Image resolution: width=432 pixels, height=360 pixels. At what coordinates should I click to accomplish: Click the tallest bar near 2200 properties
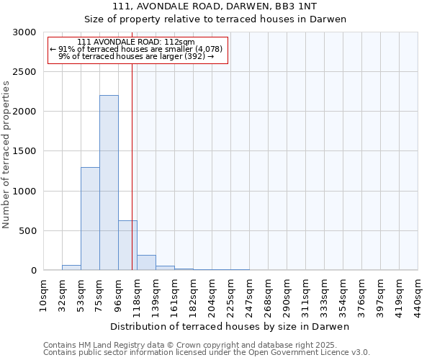pyautogui.click(x=109, y=183)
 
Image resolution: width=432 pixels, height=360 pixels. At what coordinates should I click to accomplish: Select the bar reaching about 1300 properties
pyautogui.click(x=90, y=219)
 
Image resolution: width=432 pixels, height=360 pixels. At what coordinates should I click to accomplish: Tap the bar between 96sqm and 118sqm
pyautogui.click(x=127, y=246)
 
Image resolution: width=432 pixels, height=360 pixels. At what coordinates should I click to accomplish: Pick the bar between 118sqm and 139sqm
pyautogui.click(x=146, y=263)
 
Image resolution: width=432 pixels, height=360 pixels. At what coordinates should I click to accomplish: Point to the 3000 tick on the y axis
pyautogui.click(x=24, y=32)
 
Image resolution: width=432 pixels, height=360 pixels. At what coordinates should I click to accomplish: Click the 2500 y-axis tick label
pyautogui.click(x=24, y=72)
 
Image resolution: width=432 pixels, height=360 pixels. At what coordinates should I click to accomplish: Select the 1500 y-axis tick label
pyautogui.click(x=24, y=151)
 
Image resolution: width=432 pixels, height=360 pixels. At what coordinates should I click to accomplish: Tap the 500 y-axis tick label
pyautogui.click(x=27, y=231)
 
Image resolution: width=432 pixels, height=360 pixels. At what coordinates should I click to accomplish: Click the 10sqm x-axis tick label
pyautogui.click(x=43, y=294)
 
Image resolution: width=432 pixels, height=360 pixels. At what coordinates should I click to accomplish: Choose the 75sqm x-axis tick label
pyautogui.click(x=99, y=294)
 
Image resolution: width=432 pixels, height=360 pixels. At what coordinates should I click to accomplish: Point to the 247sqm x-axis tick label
pyautogui.click(x=249, y=294)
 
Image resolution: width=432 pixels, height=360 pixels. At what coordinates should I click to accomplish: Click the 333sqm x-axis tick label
pyautogui.click(x=324, y=294)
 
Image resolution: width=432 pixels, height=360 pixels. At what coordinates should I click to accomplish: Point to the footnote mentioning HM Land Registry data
pyautogui.click(x=207, y=345)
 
